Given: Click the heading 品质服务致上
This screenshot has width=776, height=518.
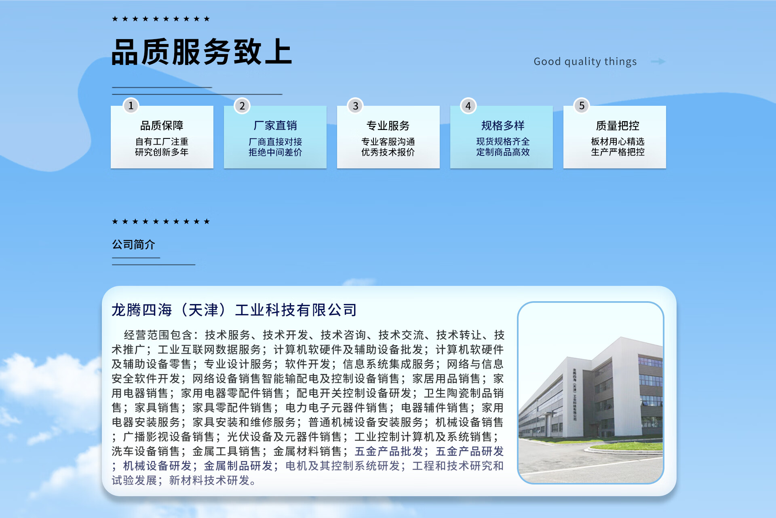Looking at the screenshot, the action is click(202, 52).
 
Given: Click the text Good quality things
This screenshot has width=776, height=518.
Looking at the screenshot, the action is click(585, 61).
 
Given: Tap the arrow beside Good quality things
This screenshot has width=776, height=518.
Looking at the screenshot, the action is click(658, 61).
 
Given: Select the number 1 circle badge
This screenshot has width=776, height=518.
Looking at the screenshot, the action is click(131, 106).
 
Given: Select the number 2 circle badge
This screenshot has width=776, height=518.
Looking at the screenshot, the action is click(242, 106).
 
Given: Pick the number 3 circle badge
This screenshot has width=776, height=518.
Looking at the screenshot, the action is click(355, 106).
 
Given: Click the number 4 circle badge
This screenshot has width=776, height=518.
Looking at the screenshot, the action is click(468, 106).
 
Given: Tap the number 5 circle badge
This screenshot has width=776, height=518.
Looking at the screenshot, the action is click(582, 106).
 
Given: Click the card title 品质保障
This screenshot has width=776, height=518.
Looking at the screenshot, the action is click(162, 126).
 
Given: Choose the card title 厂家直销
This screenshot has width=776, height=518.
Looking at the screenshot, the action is click(275, 126).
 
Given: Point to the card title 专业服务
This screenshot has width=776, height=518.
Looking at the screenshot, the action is click(388, 126).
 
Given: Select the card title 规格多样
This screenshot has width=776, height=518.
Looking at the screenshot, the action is click(503, 126).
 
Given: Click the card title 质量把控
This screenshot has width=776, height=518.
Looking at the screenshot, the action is click(618, 126).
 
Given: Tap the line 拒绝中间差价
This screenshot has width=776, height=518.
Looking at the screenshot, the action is click(275, 152).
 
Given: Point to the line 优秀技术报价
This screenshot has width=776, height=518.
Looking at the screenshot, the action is click(388, 152).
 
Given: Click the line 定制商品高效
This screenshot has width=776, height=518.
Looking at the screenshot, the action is click(503, 152).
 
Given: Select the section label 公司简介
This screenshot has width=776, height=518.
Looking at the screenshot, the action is click(133, 244).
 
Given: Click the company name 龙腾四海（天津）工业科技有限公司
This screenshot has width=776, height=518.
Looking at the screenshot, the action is click(234, 310).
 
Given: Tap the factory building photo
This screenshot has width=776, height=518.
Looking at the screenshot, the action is click(590, 392).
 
